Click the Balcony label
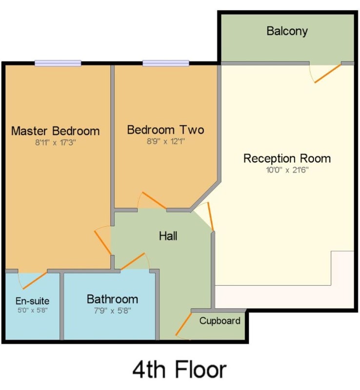tap(287, 31)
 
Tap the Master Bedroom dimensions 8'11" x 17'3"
tap(56, 142)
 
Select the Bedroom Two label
tap(165, 130)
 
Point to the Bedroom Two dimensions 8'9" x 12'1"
tap(165, 141)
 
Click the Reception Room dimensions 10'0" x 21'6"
tap(287, 170)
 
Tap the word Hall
tap(168, 236)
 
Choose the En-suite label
tap(32, 301)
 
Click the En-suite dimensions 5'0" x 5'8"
tap(32, 311)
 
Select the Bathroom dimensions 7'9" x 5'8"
tap(113, 311)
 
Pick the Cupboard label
tap(220, 321)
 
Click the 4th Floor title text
tap(179, 370)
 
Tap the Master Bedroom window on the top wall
tap(58, 63)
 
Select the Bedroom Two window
tap(166, 63)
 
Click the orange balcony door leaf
tap(328, 74)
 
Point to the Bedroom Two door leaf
tap(154, 200)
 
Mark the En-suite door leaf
tap(35, 281)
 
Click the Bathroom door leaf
tap(133, 261)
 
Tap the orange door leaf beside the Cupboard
tap(184, 324)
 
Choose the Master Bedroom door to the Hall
tap(103, 243)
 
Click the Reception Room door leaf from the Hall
tap(211, 216)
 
